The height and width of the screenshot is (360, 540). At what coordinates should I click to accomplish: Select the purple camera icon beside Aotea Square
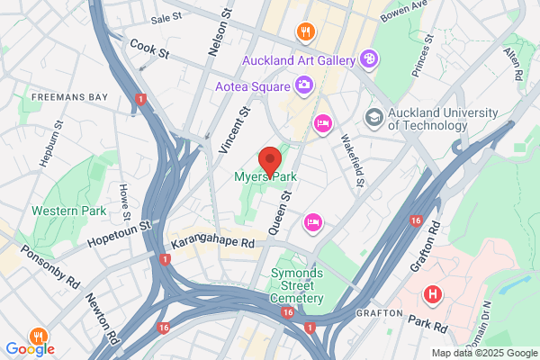[304, 85]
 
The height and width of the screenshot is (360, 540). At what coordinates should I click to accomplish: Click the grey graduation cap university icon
[373, 117]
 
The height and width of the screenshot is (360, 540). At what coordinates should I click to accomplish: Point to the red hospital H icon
[433, 294]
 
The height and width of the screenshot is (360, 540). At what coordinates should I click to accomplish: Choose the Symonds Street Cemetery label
[297, 285]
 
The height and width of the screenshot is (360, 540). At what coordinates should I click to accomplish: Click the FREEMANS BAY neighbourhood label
[69, 96]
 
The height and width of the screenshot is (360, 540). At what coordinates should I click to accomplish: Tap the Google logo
[30, 348]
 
